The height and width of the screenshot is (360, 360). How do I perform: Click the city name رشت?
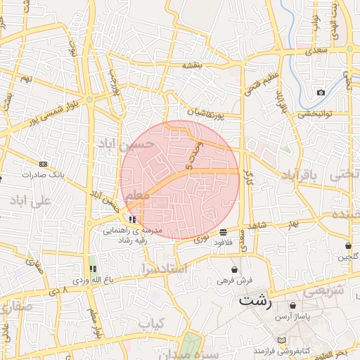click(254, 301)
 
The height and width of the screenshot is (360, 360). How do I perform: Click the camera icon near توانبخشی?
click(321, 93)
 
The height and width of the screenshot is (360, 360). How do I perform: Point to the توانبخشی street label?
click(315, 114)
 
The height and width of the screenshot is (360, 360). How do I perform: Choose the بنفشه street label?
click(192, 65)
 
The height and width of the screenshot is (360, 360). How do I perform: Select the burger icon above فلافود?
click(223, 232)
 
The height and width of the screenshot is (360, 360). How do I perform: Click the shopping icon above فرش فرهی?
click(234, 269)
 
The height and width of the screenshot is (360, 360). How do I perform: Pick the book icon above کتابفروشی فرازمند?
click(282, 340)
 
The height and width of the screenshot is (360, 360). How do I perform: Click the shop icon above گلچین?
click(348, 245)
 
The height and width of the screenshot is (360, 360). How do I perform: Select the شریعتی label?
click(326, 289)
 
